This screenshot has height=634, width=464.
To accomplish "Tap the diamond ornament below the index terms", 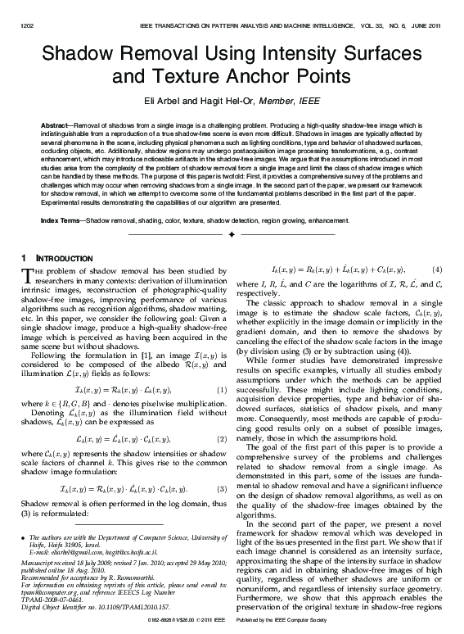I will (x=232, y=234).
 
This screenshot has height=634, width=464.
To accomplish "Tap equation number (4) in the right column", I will (x=437, y=269).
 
